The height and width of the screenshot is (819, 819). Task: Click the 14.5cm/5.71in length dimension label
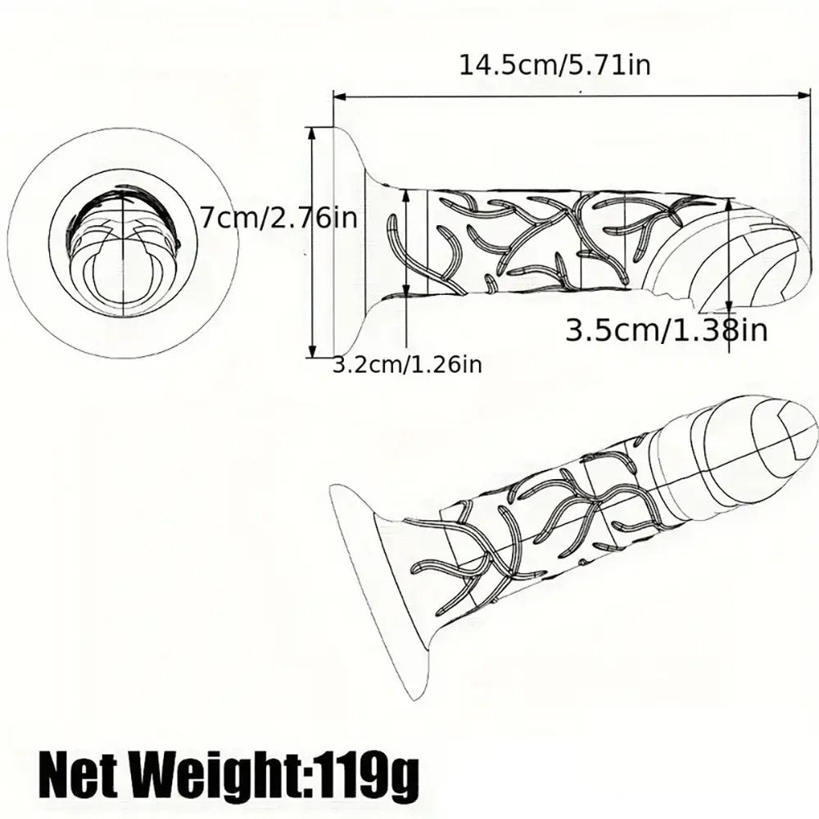(554, 66)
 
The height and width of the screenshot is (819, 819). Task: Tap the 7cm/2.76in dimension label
(279, 219)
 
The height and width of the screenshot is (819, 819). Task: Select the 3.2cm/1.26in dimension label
(407, 364)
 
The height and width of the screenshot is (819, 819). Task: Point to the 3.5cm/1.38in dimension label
(667, 330)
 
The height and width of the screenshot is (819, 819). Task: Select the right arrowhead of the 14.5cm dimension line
(803, 95)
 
